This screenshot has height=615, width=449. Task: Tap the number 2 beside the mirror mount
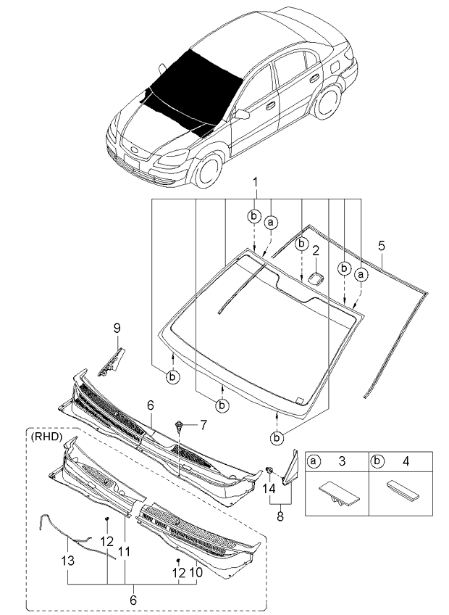click(316, 252)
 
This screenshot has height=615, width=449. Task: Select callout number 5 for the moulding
click(382, 245)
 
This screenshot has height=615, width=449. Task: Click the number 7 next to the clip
click(203, 423)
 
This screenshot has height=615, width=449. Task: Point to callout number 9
click(116, 329)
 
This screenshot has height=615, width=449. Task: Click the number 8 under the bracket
click(280, 516)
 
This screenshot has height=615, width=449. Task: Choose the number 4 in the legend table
click(406, 461)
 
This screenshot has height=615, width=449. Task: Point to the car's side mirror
click(242, 114)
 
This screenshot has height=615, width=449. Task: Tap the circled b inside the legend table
click(377, 461)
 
